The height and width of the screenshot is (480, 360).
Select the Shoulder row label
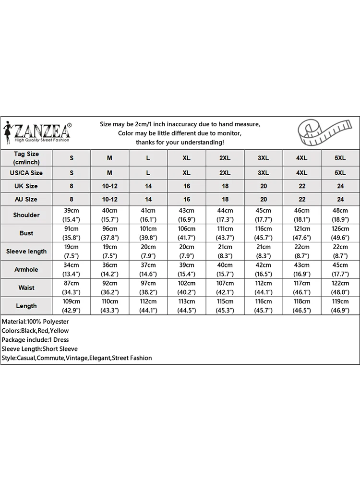coord(26,215)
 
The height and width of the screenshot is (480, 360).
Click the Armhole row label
coord(26,269)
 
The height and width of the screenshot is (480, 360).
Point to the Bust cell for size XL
coord(187,233)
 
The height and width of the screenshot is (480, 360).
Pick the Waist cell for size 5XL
coord(340,288)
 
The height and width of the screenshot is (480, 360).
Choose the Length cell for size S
coord(72,306)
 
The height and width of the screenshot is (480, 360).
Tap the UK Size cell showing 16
coord(187,186)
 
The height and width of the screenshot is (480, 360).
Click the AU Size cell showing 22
coord(301,199)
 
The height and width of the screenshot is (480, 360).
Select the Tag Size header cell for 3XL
coord(263,158)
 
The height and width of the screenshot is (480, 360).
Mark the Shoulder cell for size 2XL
coord(225,215)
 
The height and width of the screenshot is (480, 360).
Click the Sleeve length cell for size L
coord(148,251)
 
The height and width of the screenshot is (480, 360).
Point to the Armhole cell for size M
coord(109,269)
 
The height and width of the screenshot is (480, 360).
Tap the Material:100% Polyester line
coord(36,322)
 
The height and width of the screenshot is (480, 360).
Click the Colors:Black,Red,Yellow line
coord(36,331)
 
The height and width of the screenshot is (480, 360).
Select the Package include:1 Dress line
coord(36,340)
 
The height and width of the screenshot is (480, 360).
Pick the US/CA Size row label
coord(26,172)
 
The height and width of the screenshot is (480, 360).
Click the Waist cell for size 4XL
coord(301,288)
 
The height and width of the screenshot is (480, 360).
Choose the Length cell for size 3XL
coord(263,306)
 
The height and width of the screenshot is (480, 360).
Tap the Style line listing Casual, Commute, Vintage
coord(77,358)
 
